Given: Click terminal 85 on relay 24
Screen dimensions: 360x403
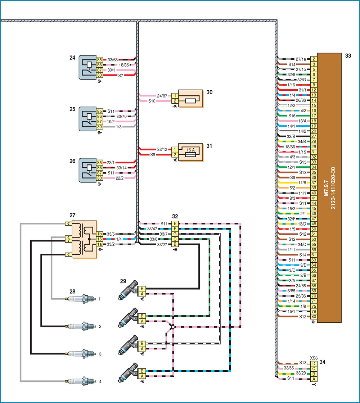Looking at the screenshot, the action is click(x=99, y=60).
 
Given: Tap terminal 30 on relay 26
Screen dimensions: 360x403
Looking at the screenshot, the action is click(x=99, y=178).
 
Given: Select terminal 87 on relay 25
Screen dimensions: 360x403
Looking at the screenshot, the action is click(x=99, y=122).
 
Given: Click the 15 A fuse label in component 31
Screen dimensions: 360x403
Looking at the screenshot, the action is click(x=190, y=150).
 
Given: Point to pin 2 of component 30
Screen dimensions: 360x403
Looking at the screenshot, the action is click(x=175, y=101).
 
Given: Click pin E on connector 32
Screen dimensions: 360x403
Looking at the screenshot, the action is click(x=175, y=223).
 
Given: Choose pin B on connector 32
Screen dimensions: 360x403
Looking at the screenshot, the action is click(x=175, y=244).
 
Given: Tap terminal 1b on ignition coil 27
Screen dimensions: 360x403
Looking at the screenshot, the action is click(x=99, y=234).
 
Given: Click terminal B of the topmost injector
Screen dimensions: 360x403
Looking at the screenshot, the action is click(x=142, y=289).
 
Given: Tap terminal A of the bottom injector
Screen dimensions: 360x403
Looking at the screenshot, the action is click(x=142, y=376).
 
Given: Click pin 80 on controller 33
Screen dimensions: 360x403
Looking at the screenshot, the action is click(x=314, y=317).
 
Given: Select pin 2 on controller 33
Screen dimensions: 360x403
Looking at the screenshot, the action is click(x=314, y=59).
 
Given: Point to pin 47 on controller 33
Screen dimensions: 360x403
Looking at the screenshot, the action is click(x=314, y=219).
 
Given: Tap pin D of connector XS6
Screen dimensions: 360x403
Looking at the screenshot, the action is click(x=314, y=364).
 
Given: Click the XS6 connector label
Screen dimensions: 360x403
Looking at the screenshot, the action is click(x=314, y=358).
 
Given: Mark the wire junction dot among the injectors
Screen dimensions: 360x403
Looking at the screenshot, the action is click(x=173, y=327).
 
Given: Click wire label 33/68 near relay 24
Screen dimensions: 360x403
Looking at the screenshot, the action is click(x=113, y=60).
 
